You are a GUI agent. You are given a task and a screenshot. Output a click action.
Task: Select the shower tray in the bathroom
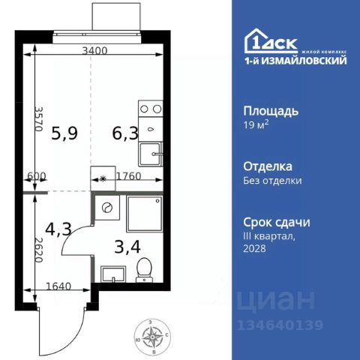142,214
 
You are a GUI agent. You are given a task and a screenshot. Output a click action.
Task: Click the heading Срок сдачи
277,223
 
